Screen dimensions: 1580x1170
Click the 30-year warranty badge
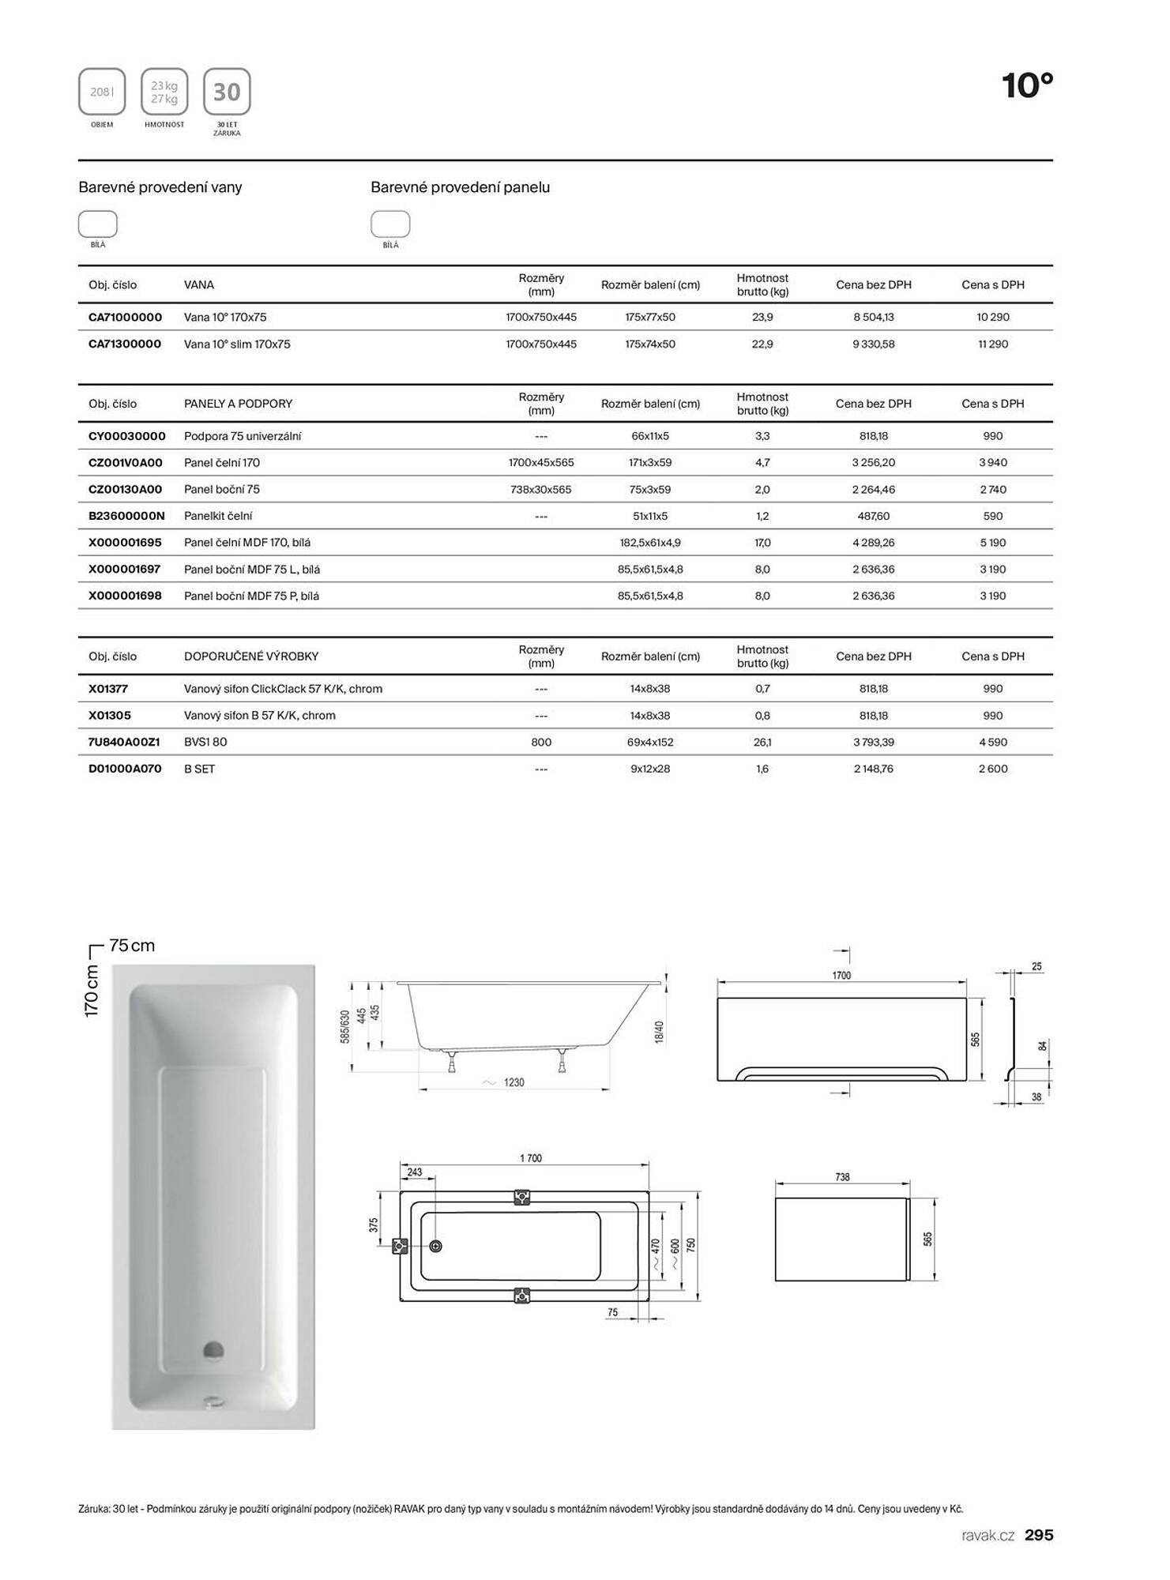pyautogui.click(x=227, y=92)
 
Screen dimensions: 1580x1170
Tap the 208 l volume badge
pyautogui.click(x=102, y=92)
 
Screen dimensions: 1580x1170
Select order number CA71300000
pyautogui.click(x=125, y=344)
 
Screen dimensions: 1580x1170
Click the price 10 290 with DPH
pyautogui.click(x=992, y=318)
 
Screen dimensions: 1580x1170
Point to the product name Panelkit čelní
pyautogui.click(x=218, y=517)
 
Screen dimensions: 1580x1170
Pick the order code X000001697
pyautogui.click(x=125, y=570)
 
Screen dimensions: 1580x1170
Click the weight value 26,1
pyautogui.click(x=762, y=743)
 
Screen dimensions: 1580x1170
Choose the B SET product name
pyautogui.click(x=199, y=769)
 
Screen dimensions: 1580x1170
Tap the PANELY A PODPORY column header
pyautogui.click(x=238, y=404)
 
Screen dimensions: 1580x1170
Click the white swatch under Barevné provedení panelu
pyautogui.click(x=390, y=224)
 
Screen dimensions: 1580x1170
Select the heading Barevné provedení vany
pyautogui.click(x=160, y=187)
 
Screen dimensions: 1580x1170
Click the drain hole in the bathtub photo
pyautogui.click(x=213, y=1350)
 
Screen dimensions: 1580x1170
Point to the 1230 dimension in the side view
pyautogui.click(x=514, y=1082)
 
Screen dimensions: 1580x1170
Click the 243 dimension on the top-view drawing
pyautogui.click(x=415, y=1172)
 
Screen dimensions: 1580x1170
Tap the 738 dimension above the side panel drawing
pyautogui.click(x=842, y=1177)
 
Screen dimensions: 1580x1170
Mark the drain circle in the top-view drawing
pyautogui.click(x=435, y=1246)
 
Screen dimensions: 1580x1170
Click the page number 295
pyautogui.click(x=1039, y=1535)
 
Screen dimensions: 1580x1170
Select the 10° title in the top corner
pyautogui.click(x=1027, y=85)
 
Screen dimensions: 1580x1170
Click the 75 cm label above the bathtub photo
pyautogui.click(x=132, y=946)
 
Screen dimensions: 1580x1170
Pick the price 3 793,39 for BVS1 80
pyautogui.click(x=873, y=743)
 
